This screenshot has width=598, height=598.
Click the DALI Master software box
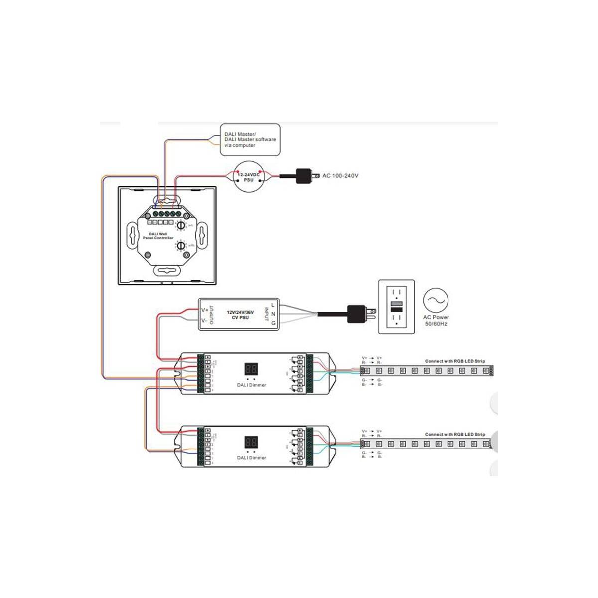pos(250,140)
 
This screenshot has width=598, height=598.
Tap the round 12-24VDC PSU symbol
pos(249,177)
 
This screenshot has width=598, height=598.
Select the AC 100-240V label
pos(340,176)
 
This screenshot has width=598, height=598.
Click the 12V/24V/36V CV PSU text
pos(240,314)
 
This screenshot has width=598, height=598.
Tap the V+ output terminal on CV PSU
pos(204,310)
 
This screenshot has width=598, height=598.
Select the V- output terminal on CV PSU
pos(204,321)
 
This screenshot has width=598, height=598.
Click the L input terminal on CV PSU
pos(273,304)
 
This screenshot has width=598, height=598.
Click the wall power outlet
pos(396,306)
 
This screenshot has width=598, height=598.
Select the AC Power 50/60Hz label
pos(436,320)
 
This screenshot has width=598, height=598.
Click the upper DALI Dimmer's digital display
pos(251,369)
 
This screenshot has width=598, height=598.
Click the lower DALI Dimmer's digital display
pos(251,442)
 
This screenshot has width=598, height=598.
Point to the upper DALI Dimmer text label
pos(251,385)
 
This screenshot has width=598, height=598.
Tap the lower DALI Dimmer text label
pos(251,457)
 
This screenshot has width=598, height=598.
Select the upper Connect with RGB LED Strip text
pos(454,361)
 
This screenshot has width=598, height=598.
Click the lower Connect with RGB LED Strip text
pos(454,434)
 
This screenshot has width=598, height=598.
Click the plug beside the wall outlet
pos(359,313)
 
